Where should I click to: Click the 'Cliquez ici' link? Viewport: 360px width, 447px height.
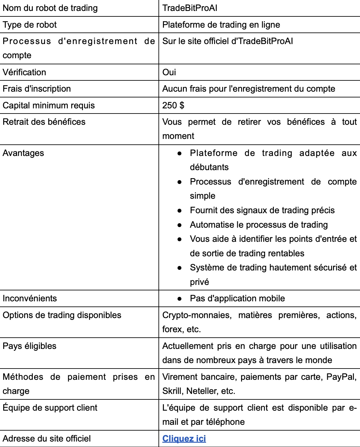[184, 439]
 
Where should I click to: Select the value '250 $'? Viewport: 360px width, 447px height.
[173, 105]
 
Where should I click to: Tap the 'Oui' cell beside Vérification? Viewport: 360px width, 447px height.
[169, 72]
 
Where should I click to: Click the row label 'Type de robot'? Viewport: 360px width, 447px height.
[30, 25]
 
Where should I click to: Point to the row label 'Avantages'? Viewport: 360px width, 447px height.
[23, 153]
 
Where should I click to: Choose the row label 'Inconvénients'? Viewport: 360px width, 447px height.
[30, 298]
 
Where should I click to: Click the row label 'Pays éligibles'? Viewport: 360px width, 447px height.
[30, 346]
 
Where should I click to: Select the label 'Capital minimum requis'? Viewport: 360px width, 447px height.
[49, 105]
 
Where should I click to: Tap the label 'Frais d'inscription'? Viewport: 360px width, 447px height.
[37, 89]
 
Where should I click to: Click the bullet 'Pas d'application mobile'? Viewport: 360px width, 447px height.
[237, 298]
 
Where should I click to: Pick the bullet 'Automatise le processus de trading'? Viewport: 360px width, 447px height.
[259, 225]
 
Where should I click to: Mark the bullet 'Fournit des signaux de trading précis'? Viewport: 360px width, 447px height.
[262, 210]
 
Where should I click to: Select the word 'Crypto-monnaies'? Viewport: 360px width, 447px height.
[197, 315]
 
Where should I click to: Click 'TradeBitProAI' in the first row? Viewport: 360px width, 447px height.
[190, 8]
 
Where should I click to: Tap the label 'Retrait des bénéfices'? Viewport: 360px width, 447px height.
[44, 122]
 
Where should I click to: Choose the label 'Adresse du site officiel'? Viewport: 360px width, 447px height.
[47, 439]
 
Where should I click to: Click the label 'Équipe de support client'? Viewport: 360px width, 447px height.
[50, 408]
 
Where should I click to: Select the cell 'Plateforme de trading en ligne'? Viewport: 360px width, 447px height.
[221, 25]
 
